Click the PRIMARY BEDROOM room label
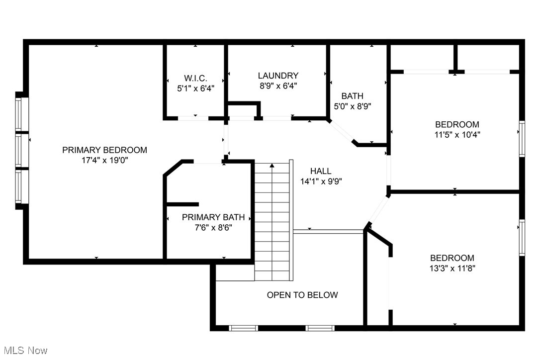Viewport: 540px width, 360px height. tap(104, 150)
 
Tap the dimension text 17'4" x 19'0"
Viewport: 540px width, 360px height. tap(104, 161)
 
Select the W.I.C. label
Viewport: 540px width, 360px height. tap(195, 78)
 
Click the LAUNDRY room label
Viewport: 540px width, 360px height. tap(278, 76)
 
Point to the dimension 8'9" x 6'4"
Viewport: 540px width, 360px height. tap(278, 86)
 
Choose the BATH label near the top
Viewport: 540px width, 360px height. tap(352, 96)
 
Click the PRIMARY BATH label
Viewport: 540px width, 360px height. tap(213, 217)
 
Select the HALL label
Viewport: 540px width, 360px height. tap(321, 171)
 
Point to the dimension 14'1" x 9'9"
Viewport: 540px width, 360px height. tap(321, 181)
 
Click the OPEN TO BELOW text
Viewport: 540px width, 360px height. tap(302, 295)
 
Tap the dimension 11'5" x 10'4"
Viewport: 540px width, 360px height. tap(457, 134)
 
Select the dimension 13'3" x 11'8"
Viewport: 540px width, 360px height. tap(452, 268)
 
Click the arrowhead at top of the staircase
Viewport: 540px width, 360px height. tap(271, 166)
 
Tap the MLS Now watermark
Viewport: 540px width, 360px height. tap(24, 351)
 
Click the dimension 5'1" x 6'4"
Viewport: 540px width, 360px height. tap(195, 89)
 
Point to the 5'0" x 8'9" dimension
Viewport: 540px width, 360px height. tap(352, 106)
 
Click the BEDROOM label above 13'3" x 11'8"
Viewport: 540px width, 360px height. tap(452, 258)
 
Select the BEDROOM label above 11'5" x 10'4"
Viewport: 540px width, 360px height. tap(457, 124)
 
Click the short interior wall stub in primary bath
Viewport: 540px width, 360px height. tap(182, 204)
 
